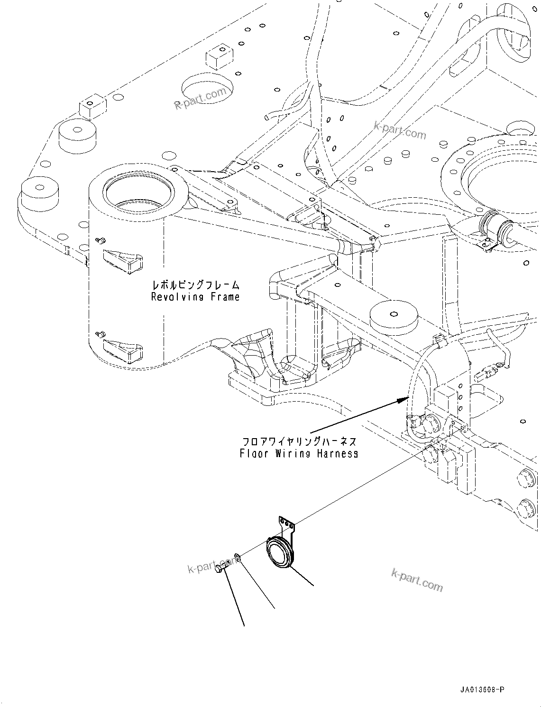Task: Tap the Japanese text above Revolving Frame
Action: [x=195, y=285]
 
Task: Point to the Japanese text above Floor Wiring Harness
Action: [x=299, y=441]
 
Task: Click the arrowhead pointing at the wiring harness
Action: [x=403, y=399]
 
